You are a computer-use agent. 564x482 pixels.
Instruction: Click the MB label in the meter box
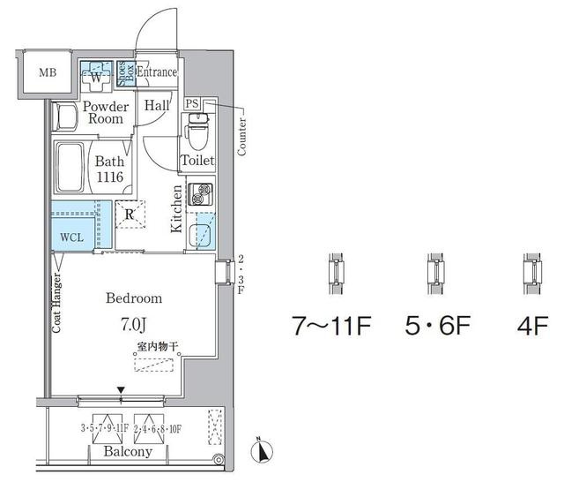48,72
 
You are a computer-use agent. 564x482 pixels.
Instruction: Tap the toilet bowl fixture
197,132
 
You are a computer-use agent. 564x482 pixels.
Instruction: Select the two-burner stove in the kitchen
200,194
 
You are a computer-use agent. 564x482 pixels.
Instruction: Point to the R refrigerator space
130,215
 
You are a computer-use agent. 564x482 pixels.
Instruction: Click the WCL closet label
72,237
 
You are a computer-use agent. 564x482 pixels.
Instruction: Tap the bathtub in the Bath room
70,168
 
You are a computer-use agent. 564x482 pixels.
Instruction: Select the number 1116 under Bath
109,177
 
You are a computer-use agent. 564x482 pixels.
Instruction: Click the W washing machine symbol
96,76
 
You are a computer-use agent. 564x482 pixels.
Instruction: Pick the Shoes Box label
126,73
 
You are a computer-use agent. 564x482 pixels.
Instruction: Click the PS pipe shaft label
192,104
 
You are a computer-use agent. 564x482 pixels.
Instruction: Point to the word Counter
241,137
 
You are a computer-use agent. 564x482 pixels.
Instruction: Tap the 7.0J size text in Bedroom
133,325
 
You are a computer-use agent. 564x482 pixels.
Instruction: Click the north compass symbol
262,450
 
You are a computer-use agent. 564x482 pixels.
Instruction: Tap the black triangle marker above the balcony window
122,390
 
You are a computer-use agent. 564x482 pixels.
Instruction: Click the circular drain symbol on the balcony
219,460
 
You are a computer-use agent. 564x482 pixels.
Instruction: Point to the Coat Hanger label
56,304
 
